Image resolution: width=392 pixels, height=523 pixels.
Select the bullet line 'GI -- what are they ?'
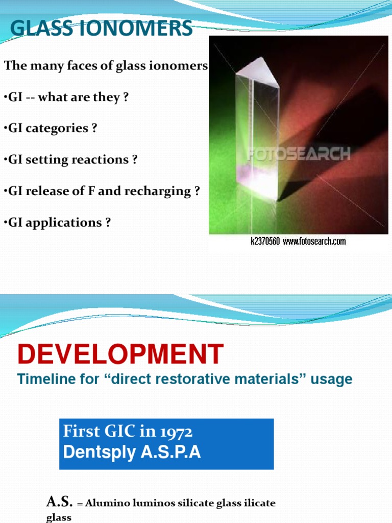(66, 97)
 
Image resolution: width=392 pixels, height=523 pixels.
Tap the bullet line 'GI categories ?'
(51, 128)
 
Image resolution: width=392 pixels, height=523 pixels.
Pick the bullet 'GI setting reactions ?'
(71, 160)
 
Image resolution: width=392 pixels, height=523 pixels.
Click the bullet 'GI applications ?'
(57, 223)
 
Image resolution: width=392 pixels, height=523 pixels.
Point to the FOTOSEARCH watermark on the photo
(299, 153)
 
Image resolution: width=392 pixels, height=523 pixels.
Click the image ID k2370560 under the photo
(265, 241)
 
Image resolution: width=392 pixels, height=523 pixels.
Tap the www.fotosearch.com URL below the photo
(314, 241)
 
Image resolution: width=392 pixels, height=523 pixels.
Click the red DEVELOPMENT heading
(120, 354)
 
